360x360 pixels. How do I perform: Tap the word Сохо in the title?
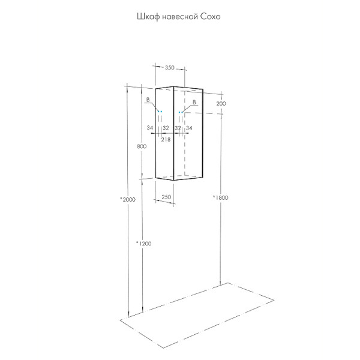point(211,17)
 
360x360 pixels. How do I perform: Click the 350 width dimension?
point(170,68)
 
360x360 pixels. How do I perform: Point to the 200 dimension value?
point(221,104)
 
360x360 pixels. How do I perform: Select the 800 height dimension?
point(142,146)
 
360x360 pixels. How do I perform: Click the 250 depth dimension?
point(166,197)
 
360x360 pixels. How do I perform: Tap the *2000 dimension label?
point(128,200)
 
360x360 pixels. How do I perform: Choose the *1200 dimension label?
point(144,244)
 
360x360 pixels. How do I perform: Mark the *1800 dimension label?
point(220,197)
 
